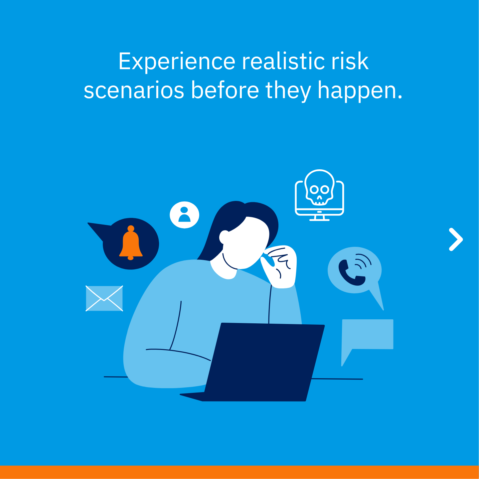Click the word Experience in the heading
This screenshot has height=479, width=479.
click(x=177, y=61)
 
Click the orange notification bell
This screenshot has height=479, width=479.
click(x=131, y=242)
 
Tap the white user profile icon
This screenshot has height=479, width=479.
click(x=184, y=215)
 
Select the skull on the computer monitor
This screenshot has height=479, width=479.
click(x=319, y=188)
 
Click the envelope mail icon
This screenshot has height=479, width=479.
click(x=104, y=298)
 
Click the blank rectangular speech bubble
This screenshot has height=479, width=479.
click(x=367, y=338)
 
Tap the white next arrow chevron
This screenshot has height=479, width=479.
click(x=456, y=239)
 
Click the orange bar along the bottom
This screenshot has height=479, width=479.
click(x=239, y=472)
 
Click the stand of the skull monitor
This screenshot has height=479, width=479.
click(x=319, y=218)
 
